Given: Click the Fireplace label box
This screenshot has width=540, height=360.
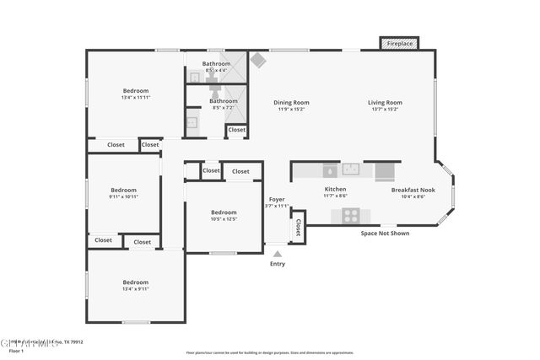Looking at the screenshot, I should click(400, 42).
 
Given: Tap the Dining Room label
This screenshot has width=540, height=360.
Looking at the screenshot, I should click(292, 103).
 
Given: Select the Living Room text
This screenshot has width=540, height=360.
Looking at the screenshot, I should click(385, 103).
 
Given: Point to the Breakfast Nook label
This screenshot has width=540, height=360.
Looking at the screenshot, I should click(413, 190).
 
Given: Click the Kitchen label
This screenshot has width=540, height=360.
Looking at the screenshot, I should click(335, 190).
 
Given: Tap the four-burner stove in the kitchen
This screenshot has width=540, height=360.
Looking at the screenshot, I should click(350, 215).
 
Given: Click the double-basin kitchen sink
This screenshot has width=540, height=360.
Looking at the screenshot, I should click(351, 169).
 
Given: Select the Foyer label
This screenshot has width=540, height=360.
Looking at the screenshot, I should click(277, 199).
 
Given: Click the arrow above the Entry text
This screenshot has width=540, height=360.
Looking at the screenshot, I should click(277, 252).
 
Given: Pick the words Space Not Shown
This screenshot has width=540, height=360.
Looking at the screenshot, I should click(385, 234).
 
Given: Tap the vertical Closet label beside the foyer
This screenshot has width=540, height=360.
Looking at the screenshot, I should click(298, 227).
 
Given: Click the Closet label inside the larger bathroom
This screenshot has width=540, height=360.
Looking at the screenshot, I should click(237, 130).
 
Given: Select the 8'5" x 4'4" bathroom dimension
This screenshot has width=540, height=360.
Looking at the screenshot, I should click(216, 70).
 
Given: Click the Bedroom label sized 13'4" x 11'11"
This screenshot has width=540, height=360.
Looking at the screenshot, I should click(136, 90).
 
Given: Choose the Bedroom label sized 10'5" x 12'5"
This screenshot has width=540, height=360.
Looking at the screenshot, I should click(224, 212).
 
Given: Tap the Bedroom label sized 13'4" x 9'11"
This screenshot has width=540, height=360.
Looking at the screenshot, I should click(135, 282).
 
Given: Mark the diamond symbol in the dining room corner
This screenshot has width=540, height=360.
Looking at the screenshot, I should click(258, 61).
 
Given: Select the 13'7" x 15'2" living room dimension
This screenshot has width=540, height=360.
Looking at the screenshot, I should click(385, 110).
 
